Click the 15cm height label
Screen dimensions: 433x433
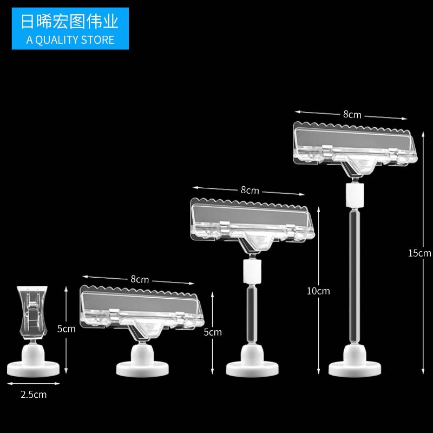pyautogui.click(x=419, y=253)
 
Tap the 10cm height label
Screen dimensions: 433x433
pyautogui.click(x=318, y=291)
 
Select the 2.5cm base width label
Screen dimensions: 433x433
pyautogui.click(x=34, y=395)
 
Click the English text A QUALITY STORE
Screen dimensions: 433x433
pyautogui.click(x=70, y=40)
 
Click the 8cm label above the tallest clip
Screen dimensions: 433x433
pyautogui.click(x=352, y=115)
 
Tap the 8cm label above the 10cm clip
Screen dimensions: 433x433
pyautogui.click(x=250, y=191)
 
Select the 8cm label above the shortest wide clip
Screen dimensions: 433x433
pyautogui.click(x=139, y=280)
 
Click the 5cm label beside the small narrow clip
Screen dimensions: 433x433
pyautogui.click(x=67, y=329)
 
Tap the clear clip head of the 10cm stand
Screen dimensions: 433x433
pyautogui.click(x=253, y=221)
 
